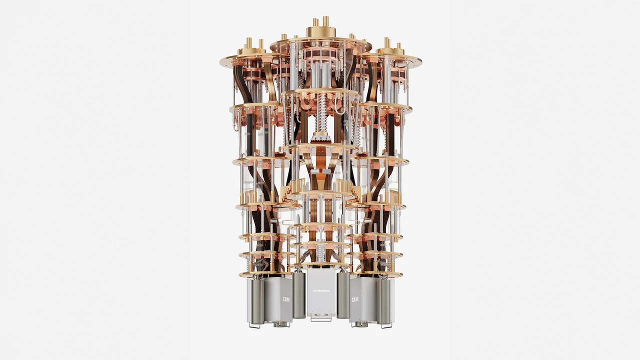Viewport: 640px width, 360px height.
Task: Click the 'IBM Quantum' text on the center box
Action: pyautogui.click(x=321, y=290)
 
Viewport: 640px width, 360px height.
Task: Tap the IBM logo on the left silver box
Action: pyautogui.click(x=286, y=299)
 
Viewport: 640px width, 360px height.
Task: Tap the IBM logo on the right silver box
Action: pyautogui.click(x=355, y=299)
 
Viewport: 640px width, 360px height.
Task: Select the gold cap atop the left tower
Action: pyautogui.click(x=251, y=50)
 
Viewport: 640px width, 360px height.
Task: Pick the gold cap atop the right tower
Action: pyautogui.click(x=390, y=50)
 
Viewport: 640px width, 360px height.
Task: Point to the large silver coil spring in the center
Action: pyautogui.click(x=320, y=113)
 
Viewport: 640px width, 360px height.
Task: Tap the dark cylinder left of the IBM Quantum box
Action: pyautogui.click(x=299, y=295)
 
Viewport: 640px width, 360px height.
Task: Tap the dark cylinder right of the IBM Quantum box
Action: pyautogui.click(x=343, y=295)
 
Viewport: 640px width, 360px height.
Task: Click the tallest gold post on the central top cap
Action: pyautogui.click(x=326, y=21)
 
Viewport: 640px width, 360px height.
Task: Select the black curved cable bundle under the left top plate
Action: pyautogui.click(x=243, y=85)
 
